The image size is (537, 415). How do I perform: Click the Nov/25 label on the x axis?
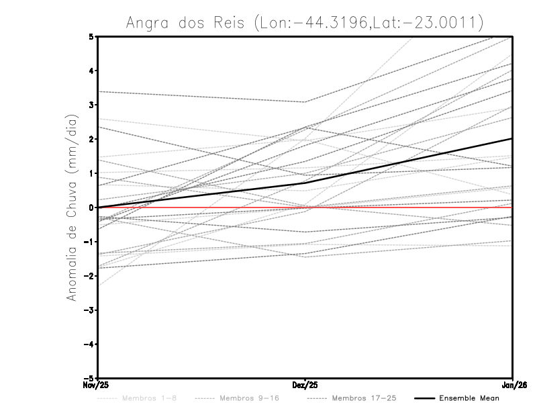tap(96, 385)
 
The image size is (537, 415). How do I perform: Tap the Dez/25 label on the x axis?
tap(305, 385)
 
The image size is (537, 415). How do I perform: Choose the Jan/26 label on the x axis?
tap(513, 385)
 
